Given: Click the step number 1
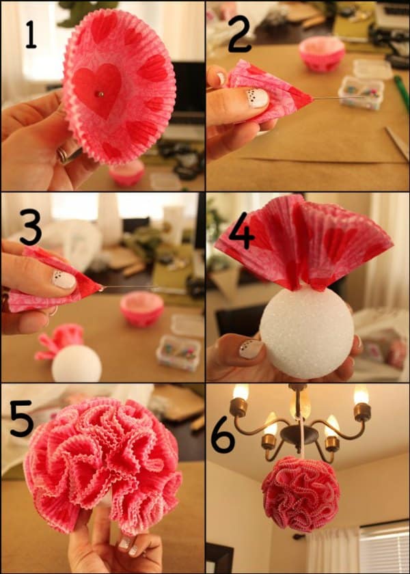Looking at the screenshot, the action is pos(31,35).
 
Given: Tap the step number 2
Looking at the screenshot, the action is pos(239,33).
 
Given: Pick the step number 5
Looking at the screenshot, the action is pos(22,418).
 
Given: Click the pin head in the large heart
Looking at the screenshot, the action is pos(100,94).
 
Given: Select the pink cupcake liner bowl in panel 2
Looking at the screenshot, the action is pos(322,54).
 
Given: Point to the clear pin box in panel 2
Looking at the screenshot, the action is pos(361,93).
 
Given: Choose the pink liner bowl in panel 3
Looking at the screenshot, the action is pos(141,308).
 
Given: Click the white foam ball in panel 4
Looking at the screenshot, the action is pos(307,332).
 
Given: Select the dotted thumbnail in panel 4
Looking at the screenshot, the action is pos(251,349).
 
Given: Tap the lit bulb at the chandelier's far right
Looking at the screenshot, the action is pos(361,395).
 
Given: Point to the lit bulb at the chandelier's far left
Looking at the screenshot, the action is pos(241,392).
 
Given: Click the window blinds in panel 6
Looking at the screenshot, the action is pos(384,547).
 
